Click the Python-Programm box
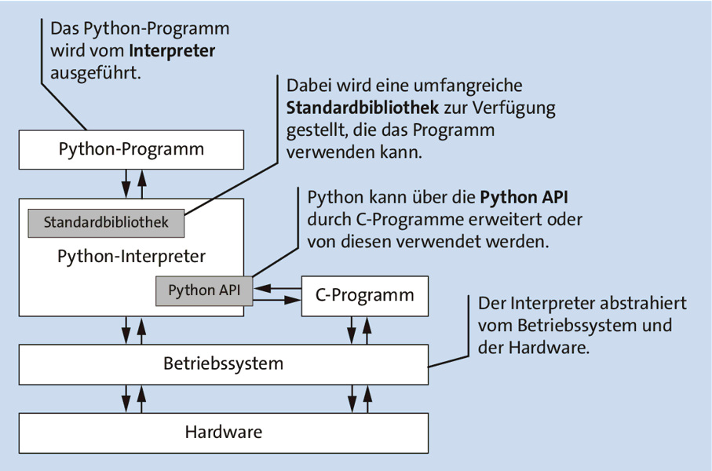pyautogui.click(x=131, y=149)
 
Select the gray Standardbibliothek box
pyautogui.click(x=106, y=223)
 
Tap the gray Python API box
pyautogui.click(x=203, y=290)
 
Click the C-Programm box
pyautogui.click(x=365, y=296)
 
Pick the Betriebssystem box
pyautogui.click(x=223, y=364)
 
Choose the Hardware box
pyautogui.click(x=223, y=432)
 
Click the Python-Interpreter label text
pyautogui.click(x=131, y=256)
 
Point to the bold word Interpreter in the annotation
pyautogui.click(x=172, y=51)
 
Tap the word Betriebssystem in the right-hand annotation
pyautogui.click(x=577, y=325)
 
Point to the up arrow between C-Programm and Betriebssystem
pyautogui.click(x=367, y=330)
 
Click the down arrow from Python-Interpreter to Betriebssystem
pyautogui.click(x=126, y=330)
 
